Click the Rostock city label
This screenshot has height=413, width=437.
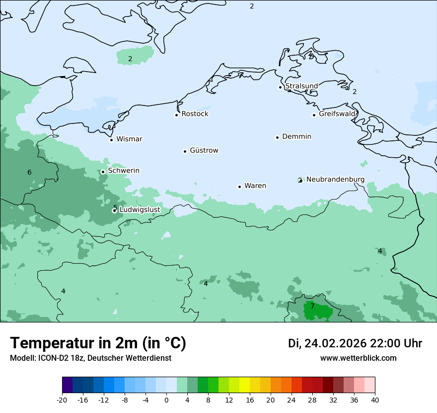(x=195, y=114)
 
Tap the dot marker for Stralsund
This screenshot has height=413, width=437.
(x=280, y=87)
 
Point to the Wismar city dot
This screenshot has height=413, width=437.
(x=111, y=140)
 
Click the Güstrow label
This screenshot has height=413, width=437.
(x=204, y=150)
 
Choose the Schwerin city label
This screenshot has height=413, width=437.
(x=124, y=171)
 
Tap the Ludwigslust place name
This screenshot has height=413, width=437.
(x=140, y=210)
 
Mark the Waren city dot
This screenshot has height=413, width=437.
(x=239, y=187)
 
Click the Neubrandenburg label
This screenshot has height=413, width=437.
(x=335, y=179)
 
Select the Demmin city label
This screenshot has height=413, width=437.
(x=296, y=136)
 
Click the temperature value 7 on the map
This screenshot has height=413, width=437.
(x=312, y=307)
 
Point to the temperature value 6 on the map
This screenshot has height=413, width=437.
(x=29, y=172)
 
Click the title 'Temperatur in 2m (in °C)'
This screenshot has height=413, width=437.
(x=98, y=343)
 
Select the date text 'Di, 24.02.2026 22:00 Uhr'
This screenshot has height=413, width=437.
(x=355, y=343)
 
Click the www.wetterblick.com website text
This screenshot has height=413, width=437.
(x=358, y=358)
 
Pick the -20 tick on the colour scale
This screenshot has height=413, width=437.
(x=62, y=400)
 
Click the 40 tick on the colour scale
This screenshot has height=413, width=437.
(x=375, y=400)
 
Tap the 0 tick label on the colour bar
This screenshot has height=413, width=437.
(x=166, y=400)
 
